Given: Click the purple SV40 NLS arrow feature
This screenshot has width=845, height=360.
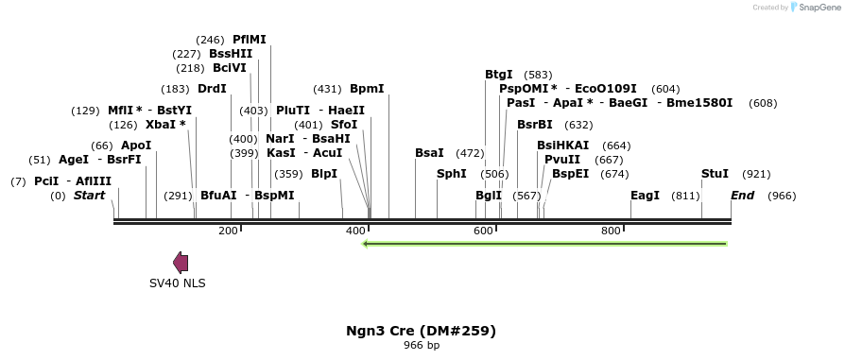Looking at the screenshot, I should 180,263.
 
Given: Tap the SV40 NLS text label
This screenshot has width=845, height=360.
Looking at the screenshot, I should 177,283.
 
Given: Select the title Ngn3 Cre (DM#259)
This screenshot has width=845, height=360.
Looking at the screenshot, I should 421,331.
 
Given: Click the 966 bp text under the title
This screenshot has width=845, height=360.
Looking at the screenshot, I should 421,345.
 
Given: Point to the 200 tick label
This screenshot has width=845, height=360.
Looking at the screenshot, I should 228,231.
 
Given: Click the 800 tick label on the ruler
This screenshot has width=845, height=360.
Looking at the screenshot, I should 611,231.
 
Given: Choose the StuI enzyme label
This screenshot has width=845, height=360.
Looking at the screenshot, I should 715,174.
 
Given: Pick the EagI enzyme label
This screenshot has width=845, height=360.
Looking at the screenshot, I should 645,196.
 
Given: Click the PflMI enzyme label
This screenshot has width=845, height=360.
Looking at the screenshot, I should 250,40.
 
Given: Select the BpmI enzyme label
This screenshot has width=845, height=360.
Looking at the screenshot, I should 367,89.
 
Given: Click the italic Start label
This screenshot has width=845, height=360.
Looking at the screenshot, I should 89,196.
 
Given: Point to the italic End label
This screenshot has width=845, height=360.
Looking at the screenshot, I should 742,196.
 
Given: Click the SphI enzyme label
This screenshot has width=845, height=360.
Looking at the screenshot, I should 451,174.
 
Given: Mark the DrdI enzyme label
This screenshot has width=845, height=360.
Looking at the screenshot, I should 212,89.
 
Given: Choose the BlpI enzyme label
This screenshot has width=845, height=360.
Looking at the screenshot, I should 323,174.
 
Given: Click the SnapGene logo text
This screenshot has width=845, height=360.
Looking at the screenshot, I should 815,8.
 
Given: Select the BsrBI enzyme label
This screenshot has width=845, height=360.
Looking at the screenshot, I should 535,125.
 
